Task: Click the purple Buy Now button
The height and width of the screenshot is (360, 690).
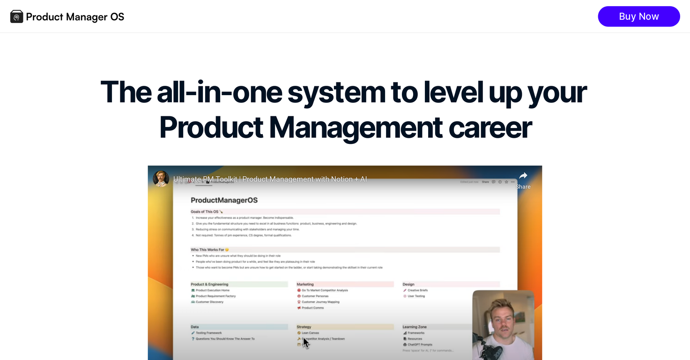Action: point(638,16)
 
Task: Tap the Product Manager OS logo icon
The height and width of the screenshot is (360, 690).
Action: point(16,17)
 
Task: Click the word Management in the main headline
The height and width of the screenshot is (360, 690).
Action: point(355,127)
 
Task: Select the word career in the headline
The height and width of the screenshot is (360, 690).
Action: point(490,127)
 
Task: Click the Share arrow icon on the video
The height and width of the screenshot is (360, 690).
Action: point(523,176)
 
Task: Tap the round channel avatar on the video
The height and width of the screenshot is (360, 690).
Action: point(161,179)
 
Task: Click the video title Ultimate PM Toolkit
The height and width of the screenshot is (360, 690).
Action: point(270,179)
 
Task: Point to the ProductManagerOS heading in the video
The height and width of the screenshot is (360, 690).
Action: point(224,200)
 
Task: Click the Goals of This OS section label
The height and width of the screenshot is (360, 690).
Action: point(205,212)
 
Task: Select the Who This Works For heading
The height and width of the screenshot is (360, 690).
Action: point(208,250)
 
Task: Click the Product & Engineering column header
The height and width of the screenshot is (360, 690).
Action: point(209,284)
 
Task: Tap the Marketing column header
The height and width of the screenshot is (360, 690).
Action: point(305,284)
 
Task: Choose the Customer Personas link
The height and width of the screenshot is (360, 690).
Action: point(315,296)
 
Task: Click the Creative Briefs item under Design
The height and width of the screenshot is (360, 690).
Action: point(417,290)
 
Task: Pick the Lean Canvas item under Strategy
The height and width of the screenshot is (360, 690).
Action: point(310,333)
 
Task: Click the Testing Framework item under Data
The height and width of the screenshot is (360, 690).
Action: point(208,333)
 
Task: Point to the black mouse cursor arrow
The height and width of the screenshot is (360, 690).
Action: point(306,343)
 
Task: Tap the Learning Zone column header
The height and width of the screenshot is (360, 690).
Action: point(414,327)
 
